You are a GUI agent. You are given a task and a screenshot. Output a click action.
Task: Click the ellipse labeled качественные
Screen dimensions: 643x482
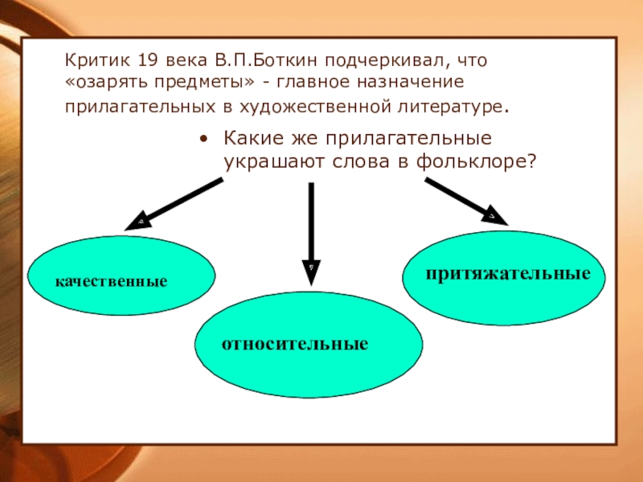(x=121, y=277)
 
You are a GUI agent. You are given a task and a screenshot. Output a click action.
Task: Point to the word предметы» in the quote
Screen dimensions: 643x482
(x=203, y=83)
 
